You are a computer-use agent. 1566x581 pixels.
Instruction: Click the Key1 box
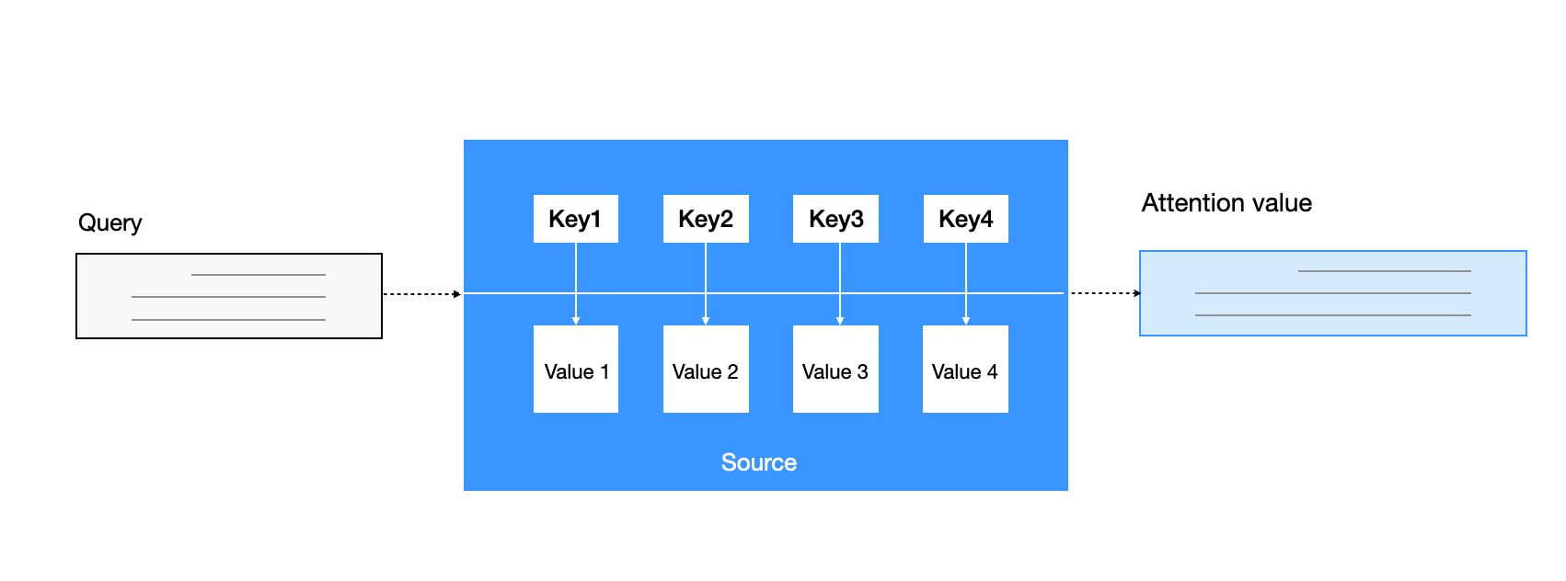(x=575, y=219)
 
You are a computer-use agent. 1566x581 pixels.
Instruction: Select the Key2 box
(x=706, y=219)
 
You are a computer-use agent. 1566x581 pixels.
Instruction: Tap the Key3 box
(x=835, y=219)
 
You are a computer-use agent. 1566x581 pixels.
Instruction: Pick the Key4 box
(x=965, y=219)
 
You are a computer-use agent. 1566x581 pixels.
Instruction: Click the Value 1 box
(x=576, y=370)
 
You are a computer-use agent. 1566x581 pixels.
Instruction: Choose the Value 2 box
(x=706, y=370)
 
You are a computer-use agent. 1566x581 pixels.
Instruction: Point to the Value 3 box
(x=835, y=370)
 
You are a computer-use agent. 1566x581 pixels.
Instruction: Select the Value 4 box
(x=965, y=370)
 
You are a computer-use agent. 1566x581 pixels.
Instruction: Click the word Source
(x=759, y=462)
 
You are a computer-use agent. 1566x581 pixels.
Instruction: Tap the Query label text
(x=109, y=223)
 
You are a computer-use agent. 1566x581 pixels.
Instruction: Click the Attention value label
(x=1226, y=203)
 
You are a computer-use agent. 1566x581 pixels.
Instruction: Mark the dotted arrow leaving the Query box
(x=421, y=294)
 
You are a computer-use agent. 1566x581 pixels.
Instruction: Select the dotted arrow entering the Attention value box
(x=1105, y=293)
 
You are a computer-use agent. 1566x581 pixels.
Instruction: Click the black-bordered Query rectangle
(x=229, y=296)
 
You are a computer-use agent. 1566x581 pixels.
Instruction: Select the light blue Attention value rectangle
(x=1332, y=293)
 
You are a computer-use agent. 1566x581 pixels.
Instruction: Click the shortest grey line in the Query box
(x=259, y=275)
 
